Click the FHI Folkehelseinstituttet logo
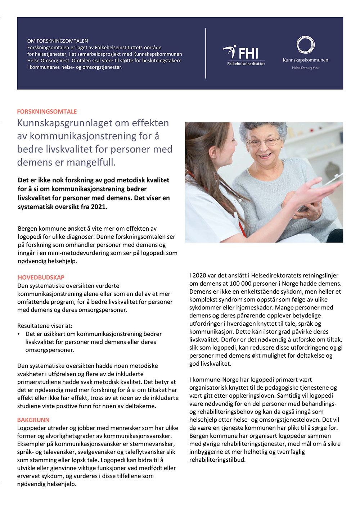(245, 55)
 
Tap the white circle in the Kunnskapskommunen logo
(305, 45)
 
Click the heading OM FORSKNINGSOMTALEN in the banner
(58, 41)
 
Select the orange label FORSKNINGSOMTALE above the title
(47, 112)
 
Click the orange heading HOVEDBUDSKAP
(41, 277)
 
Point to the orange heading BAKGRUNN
(33, 420)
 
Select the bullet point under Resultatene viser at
(19, 334)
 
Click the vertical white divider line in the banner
(206, 53)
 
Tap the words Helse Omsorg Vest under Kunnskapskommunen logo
(305, 68)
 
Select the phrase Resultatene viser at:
(45, 326)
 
